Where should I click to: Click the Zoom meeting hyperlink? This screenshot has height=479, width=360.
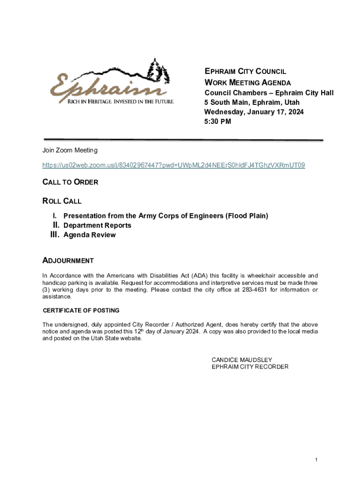click(x=173, y=165)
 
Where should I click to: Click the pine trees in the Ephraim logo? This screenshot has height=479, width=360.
click(x=158, y=70)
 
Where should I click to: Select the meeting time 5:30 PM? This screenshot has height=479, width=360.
click(x=218, y=122)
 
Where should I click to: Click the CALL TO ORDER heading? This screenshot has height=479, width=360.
click(x=70, y=182)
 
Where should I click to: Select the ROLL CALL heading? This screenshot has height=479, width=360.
click(x=62, y=201)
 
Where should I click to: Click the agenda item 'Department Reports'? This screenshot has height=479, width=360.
click(x=97, y=225)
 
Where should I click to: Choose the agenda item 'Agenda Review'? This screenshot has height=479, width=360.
click(x=89, y=235)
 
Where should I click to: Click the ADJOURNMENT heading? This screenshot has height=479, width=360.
click(x=68, y=261)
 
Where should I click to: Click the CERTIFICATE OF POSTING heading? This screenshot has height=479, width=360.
click(x=81, y=310)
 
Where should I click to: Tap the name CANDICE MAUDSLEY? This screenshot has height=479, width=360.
click(x=242, y=360)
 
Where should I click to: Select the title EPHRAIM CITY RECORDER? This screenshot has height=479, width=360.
click(x=250, y=367)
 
